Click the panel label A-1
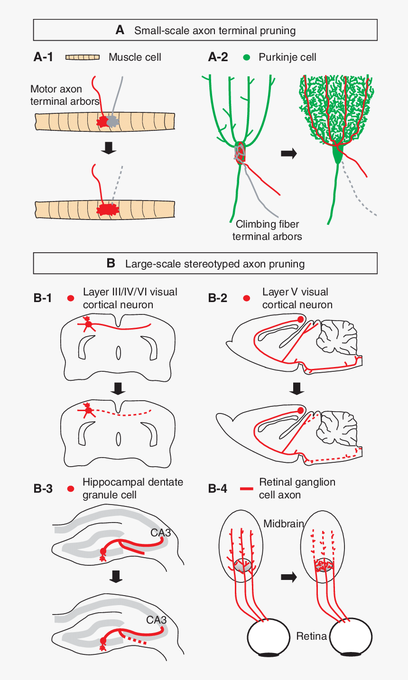pos(43,57)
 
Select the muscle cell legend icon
pos(83,57)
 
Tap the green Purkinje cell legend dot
pos(246,57)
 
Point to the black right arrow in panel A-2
pos(288,153)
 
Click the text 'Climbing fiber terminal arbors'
pos(267,230)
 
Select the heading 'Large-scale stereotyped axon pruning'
pos(214,264)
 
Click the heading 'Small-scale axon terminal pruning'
pos(214,31)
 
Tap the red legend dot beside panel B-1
pos(71,298)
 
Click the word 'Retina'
pos(312,636)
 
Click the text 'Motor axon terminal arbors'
pos(65,95)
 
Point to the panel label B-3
pos(43,488)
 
